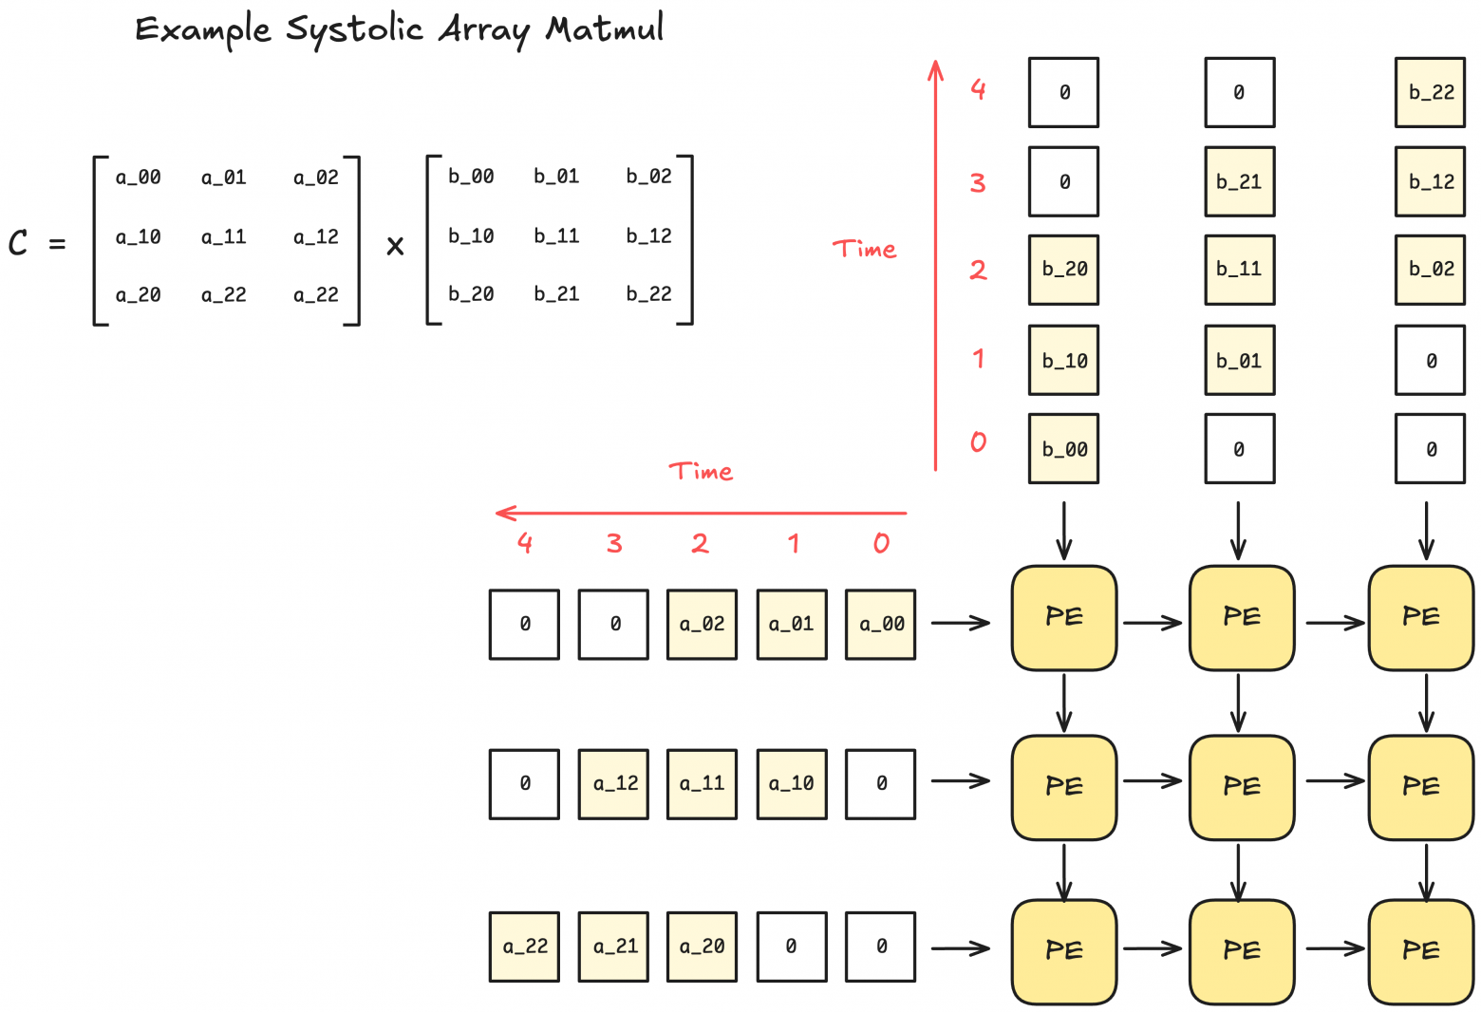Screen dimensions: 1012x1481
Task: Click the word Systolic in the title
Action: click(354, 29)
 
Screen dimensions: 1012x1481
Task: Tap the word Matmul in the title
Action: click(604, 29)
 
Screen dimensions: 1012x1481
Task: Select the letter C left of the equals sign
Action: click(18, 243)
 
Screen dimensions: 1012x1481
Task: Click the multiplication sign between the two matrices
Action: click(395, 246)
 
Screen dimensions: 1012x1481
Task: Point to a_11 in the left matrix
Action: click(223, 236)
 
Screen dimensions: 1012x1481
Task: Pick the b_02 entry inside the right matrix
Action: click(648, 176)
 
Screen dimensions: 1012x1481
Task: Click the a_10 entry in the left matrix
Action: click(138, 236)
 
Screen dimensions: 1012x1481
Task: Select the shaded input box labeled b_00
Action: click(1064, 449)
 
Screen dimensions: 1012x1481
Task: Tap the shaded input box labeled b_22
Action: click(1430, 92)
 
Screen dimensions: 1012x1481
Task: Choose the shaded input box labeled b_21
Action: click(1239, 181)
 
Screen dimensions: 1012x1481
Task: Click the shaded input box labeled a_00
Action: click(881, 624)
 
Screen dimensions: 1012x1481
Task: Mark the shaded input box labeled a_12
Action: click(614, 783)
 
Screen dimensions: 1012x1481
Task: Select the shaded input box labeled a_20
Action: click(702, 946)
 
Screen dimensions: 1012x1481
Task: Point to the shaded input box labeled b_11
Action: click(1239, 270)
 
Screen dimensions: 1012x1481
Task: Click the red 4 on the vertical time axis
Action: click(978, 89)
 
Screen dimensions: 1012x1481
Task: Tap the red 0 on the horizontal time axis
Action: click(881, 543)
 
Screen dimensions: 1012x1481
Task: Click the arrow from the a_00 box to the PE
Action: click(961, 623)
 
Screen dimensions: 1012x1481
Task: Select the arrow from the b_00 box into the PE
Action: click(1064, 531)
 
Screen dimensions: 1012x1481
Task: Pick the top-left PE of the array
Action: click(1064, 618)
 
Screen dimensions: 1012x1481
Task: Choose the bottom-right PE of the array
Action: click(1420, 951)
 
